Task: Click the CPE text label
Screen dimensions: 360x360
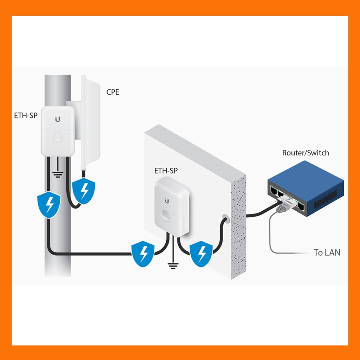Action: tap(113, 92)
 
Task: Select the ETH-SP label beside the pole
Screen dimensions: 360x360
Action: tap(26, 115)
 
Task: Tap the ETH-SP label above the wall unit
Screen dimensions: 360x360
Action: tap(166, 171)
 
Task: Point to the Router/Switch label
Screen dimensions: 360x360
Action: tap(306, 153)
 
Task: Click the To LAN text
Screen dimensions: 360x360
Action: tap(327, 252)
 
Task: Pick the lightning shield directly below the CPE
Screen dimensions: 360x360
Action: tap(84, 191)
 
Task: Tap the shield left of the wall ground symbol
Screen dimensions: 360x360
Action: tap(143, 254)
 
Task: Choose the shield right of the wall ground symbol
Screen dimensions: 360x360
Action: tap(201, 254)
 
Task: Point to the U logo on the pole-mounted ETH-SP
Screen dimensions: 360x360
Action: tap(58, 119)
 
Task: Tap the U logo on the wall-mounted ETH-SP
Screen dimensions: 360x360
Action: tap(167, 201)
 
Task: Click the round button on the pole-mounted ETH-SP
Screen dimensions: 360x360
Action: tap(58, 137)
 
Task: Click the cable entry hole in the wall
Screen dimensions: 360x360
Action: tap(226, 219)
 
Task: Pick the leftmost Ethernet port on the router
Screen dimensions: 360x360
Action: tap(274, 190)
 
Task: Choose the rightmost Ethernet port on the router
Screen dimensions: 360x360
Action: tap(301, 206)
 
